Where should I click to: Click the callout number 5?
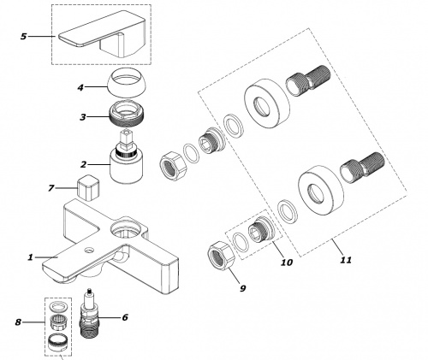(24, 37)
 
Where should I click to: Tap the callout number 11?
(346, 260)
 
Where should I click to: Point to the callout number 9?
(242, 288)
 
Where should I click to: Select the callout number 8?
(18, 322)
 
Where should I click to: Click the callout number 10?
(287, 263)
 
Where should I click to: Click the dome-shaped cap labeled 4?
(126, 82)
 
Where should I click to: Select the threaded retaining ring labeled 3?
(127, 114)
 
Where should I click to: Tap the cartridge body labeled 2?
(128, 168)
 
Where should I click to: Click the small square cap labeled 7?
(88, 187)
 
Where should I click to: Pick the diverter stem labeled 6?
(89, 314)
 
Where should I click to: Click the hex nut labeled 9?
(222, 255)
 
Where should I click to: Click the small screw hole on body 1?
(90, 251)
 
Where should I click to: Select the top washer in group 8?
(57, 306)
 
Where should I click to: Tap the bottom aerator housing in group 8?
(57, 342)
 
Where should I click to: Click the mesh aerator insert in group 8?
(57, 322)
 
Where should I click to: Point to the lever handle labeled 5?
(103, 33)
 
